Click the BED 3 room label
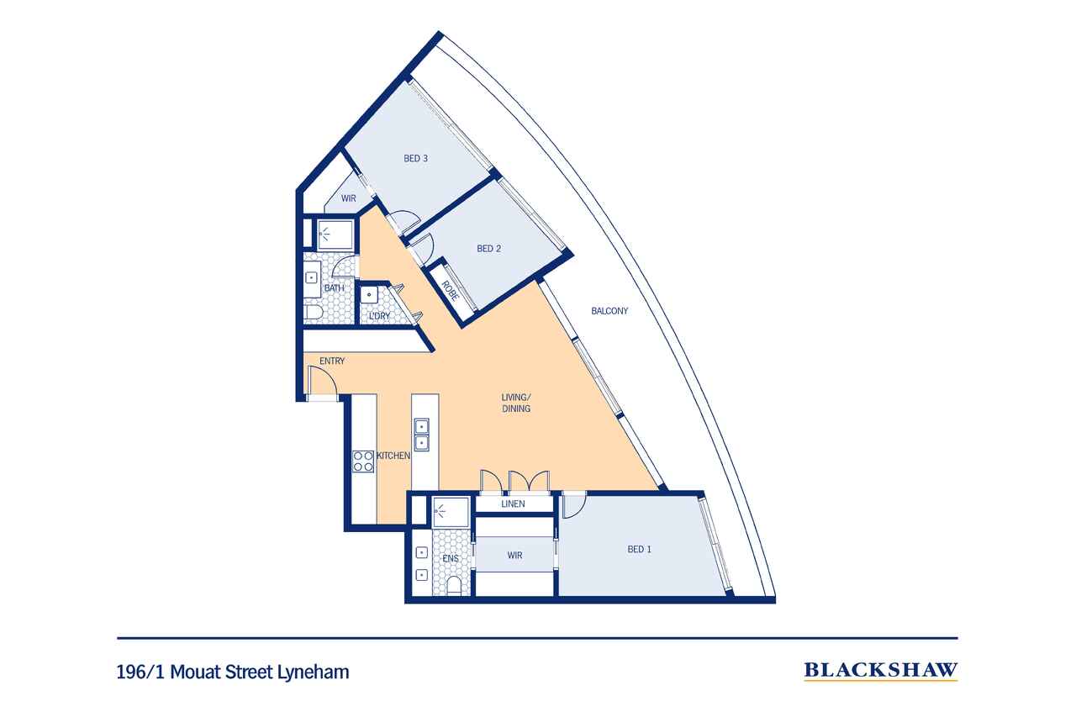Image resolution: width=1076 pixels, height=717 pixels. [415, 159]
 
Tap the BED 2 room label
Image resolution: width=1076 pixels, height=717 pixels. [488, 249]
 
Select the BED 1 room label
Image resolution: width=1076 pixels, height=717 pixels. [640, 550]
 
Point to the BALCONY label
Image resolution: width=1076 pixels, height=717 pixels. [609, 311]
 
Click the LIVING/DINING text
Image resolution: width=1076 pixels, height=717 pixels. [516, 403]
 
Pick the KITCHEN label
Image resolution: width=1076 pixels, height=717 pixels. [393, 456]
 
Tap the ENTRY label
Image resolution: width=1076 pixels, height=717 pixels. [332, 361]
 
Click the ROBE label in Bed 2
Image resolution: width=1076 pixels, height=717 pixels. [450, 291]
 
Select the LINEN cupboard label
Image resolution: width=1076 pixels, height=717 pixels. [513, 503]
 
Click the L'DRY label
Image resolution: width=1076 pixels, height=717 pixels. [379, 316]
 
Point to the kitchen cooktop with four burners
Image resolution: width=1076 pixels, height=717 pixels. [363, 461]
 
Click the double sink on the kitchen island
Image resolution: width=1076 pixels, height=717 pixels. [421, 435]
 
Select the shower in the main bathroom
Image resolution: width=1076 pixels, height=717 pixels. [335, 235]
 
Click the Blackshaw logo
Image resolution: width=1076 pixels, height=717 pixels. [881, 671]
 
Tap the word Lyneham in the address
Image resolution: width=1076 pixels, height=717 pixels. [314, 672]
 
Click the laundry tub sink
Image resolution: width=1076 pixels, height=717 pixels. [369, 294]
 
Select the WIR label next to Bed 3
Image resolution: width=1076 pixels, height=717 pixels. [349, 198]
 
